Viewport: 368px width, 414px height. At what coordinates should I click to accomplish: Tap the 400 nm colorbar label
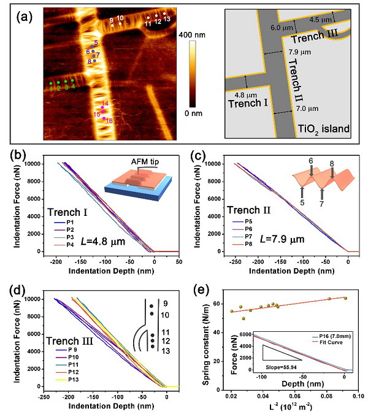(x=202, y=36)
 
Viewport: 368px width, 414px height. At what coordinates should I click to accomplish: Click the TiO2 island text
(x=323, y=129)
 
